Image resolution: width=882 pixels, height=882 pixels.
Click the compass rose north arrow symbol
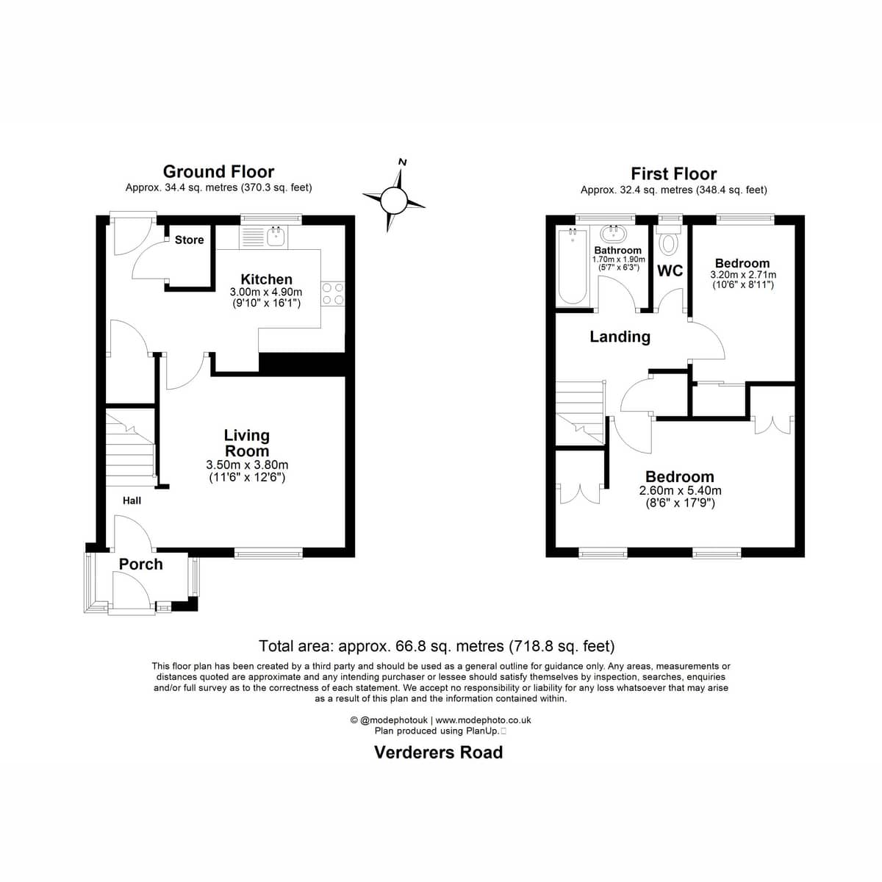click(394, 200)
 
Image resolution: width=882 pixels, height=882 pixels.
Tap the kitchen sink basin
click(277, 237)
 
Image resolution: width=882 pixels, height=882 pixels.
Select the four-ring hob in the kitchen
click(333, 293)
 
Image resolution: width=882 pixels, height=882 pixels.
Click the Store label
click(189, 240)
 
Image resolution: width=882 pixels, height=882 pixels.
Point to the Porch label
click(140, 564)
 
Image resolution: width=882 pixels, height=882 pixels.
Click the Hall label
click(132, 501)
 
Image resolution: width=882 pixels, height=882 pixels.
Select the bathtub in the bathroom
click(572, 267)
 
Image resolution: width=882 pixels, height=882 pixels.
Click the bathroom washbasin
click(613, 234)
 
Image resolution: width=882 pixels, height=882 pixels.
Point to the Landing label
click(620, 337)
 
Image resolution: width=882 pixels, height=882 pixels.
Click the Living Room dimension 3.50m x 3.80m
click(247, 465)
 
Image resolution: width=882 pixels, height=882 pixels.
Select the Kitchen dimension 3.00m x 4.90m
click(266, 292)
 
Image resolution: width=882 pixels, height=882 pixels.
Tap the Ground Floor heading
click(218, 172)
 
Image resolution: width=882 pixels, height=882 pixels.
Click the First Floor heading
click(674, 174)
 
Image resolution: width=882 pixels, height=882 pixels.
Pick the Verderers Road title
click(439, 753)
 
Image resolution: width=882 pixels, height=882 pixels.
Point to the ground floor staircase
click(129, 443)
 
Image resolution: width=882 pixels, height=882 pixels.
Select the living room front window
click(269, 553)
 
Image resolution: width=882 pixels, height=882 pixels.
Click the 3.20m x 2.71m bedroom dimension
click(743, 275)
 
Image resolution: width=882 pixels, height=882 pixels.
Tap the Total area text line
click(437, 646)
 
